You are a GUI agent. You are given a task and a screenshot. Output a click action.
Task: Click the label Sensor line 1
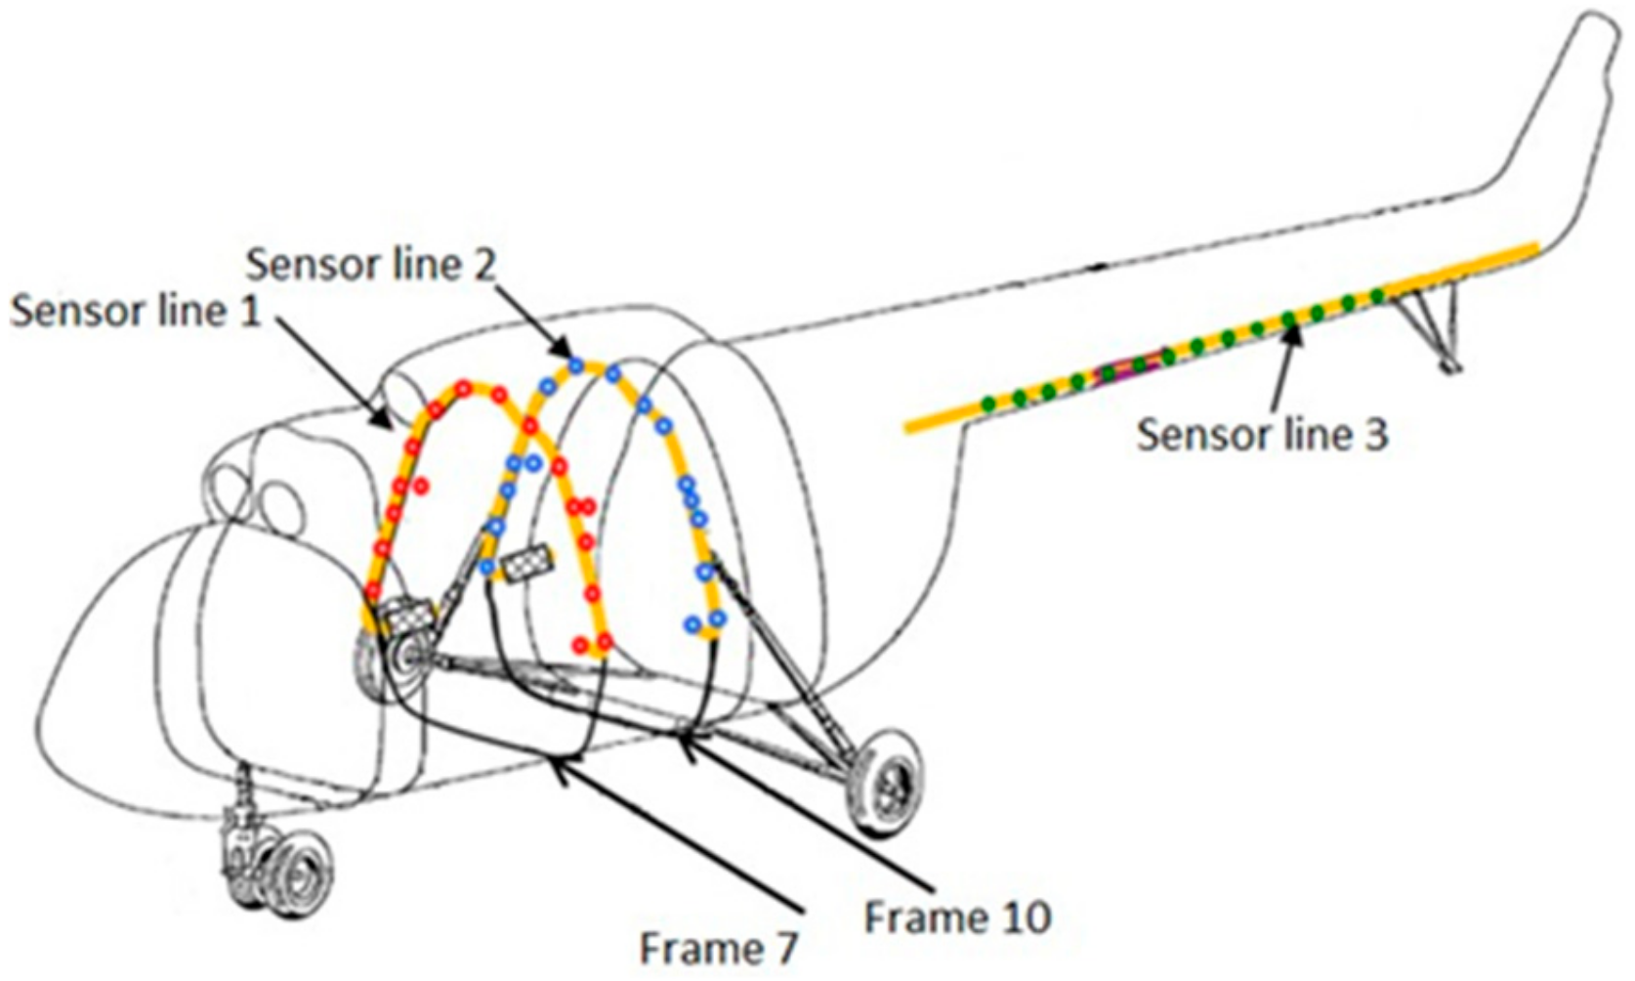click(135, 311)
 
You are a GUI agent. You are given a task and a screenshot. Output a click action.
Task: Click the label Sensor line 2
click(370, 264)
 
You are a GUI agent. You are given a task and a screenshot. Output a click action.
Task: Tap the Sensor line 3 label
click(1261, 434)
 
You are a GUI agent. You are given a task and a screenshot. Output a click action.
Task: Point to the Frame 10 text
click(957, 917)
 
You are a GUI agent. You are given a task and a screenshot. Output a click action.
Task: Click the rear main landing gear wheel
click(885, 783)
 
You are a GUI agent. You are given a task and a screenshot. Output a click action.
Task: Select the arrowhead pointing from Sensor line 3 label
click(1295, 334)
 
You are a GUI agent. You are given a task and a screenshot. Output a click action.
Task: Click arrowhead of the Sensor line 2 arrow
click(563, 353)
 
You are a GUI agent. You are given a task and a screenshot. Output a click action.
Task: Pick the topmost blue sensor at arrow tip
click(576, 365)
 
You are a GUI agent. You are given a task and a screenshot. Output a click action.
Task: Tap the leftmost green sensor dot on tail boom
click(988, 403)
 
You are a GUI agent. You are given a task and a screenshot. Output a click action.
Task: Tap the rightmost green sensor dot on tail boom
click(1377, 295)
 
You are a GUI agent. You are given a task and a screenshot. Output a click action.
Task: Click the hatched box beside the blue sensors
click(526, 564)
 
